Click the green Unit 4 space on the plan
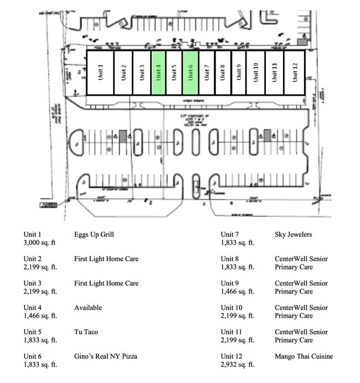click(158, 73)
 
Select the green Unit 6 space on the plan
click(191, 73)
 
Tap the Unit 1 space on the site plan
click(100, 73)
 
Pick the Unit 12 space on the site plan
click(294, 73)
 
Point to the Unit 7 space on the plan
click(207, 73)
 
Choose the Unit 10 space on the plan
click(255, 73)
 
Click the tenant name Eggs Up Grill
click(94, 235)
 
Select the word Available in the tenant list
click(88, 308)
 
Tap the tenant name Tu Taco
click(86, 332)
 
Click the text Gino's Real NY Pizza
click(106, 356)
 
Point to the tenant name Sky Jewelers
click(293, 235)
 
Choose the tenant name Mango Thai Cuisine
click(304, 356)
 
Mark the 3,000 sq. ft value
click(40, 243)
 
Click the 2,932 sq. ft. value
click(238, 365)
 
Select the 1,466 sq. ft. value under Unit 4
click(40, 316)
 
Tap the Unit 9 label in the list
click(230, 283)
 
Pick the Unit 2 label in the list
click(33, 259)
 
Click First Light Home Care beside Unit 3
click(106, 283)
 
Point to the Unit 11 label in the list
click(232, 332)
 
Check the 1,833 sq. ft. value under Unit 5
click(40, 340)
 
